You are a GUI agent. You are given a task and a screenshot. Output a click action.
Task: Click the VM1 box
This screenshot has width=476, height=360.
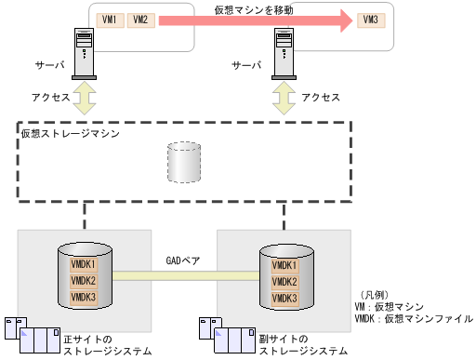click(x=110, y=20)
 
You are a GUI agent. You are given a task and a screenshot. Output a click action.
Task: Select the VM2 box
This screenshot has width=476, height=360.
click(x=140, y=20)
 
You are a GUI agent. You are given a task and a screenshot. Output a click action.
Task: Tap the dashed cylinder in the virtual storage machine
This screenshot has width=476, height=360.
click(x=182, y=164)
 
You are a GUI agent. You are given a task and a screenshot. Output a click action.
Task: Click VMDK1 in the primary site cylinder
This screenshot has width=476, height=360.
click(x=84, y=265)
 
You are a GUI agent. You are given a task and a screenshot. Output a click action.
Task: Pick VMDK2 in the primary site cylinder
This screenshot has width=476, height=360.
click(x=84, y=281)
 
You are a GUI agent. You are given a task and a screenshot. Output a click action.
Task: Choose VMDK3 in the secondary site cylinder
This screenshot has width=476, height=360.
click(x=284, y=298)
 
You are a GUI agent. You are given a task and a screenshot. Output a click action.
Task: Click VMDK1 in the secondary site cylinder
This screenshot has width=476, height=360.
click(x=284, y=266)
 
